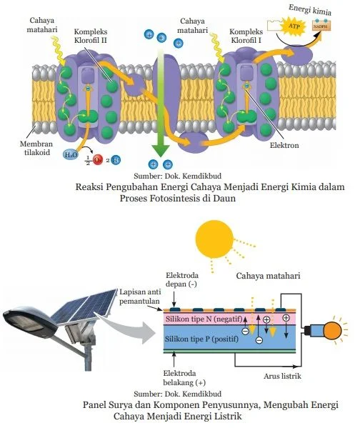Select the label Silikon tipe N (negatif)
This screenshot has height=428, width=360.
(x=201, y=319)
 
